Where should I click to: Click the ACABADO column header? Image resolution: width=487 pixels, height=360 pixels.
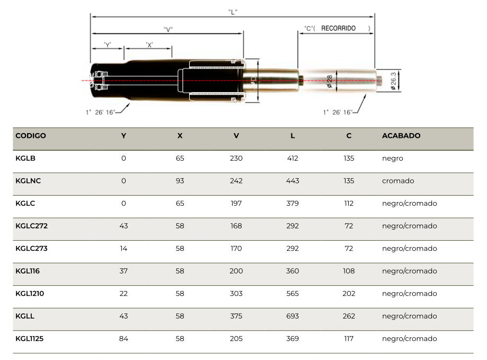point(401,136)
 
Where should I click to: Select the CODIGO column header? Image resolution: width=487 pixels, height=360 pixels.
point(30,136)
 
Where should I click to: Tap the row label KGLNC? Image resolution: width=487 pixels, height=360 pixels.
point(28,181)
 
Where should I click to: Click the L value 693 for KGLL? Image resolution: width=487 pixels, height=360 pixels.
point(293,316)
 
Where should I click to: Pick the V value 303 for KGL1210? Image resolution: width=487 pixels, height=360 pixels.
point(236,294)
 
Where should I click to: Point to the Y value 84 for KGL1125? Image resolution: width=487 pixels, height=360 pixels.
point(123,339)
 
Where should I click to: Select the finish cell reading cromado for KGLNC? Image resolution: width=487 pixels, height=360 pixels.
point(398,181)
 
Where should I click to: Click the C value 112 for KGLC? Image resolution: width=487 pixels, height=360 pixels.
point(349,204)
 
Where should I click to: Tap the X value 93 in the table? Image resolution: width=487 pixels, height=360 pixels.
point(180,181)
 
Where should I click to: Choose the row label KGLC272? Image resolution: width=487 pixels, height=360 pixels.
point(31,226)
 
